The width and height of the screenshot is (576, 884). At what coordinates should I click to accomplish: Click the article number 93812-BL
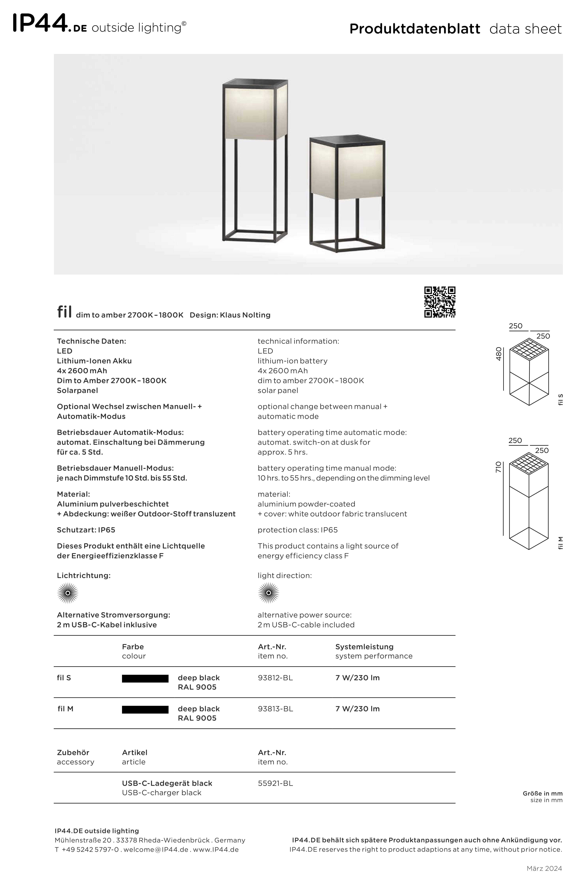pyautogui.click(x=275, y=678)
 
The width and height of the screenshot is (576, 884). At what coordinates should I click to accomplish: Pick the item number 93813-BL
pyautogui.click(x=275, y=709)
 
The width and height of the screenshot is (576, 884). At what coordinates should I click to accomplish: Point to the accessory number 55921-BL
pyautogui.click(x=275, y=783)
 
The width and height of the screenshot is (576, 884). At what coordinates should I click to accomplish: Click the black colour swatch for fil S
pyautogui.click(x=145, y=679)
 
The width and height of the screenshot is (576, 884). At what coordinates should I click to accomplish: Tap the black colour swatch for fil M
pyautogui.click(x=145, y=709)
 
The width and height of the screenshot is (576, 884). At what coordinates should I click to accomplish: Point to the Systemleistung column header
pyautogui.click(x=364, y=647)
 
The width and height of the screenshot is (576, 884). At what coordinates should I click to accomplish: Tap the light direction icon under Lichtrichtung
pyautogui.click(x=68, y=593)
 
